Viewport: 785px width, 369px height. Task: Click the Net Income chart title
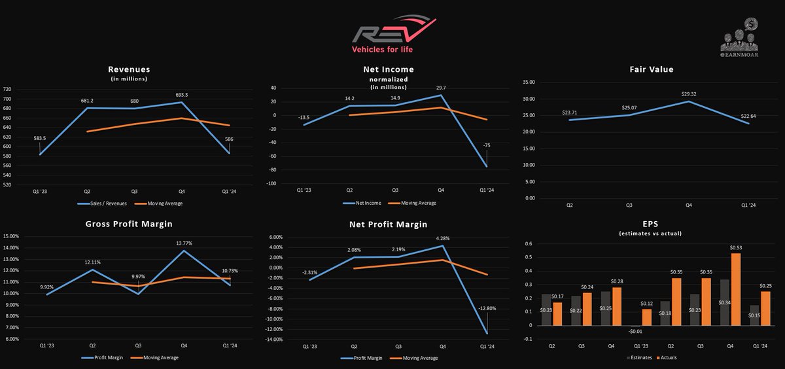pos(388,69)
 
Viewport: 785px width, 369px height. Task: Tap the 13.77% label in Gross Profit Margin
pos(184,243)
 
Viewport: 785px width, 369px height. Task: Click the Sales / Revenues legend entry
pos(105,203)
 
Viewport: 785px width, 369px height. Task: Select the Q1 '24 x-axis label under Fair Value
pos(748,205)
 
